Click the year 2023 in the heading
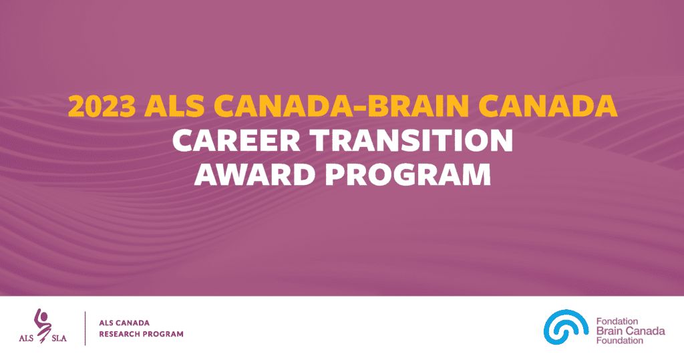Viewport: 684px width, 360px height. click(102, 106)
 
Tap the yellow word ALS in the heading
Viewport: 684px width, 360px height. click(174, 106)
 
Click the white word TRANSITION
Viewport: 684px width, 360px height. click(411, 140)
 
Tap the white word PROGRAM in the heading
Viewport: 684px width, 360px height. click(408, 174)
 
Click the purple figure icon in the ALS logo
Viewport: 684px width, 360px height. click(43, 325)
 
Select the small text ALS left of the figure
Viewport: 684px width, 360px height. click(26, 338)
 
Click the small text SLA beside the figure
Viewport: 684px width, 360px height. click(59, 338)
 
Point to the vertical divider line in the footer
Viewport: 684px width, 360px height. click(85, 328)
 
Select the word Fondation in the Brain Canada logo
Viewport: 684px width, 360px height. click(617, 322)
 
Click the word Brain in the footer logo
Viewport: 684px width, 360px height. click(609, 331)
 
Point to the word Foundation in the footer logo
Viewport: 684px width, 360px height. click(620, 341)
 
